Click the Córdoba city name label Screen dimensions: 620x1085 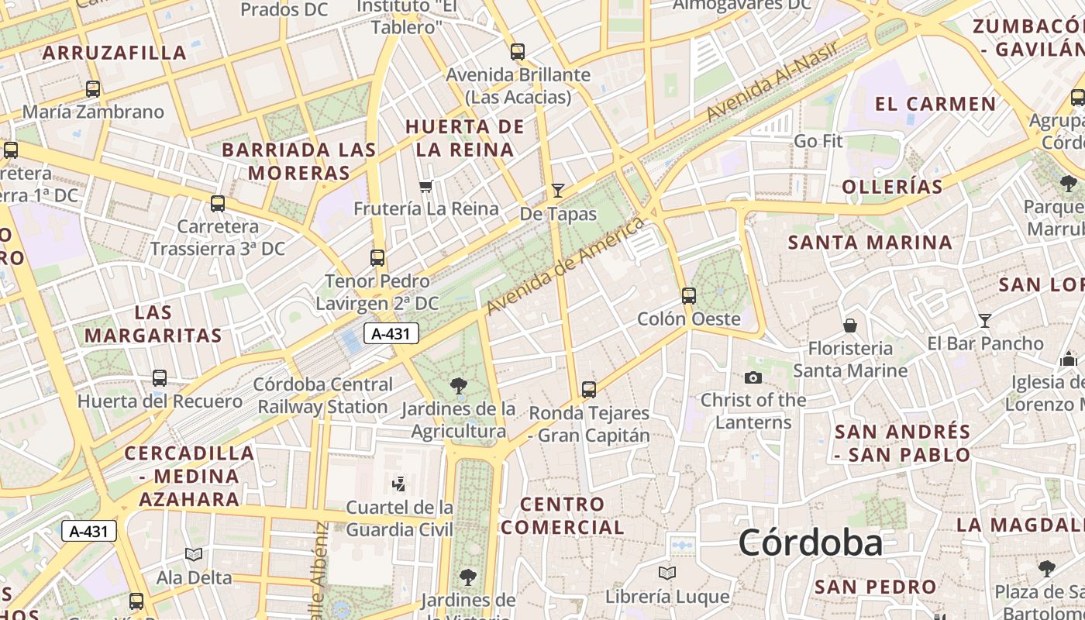coord(810,542)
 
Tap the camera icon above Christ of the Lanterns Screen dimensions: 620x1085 coord(753,378)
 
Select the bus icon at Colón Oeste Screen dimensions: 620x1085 coord(688,295)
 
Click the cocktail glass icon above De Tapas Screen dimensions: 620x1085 coord(557,190)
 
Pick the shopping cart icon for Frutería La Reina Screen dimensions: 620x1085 coord(425,186)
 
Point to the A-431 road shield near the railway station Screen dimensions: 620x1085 coord(391,334)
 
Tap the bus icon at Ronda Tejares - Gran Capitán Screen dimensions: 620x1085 coord(589,390)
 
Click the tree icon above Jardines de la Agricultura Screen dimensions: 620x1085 coord(459,385)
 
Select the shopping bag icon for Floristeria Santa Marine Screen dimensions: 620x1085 coord(850,325)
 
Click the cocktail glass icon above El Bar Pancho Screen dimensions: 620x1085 coord(984,320)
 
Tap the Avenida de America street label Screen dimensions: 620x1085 coord(565,266)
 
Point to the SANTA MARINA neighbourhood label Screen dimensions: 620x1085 coord(870,243)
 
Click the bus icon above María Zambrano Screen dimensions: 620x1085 coord(93,89)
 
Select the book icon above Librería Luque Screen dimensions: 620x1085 coord(666,573)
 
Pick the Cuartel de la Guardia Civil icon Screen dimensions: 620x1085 coord(399,484)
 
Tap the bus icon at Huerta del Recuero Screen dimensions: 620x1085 coord(160,378)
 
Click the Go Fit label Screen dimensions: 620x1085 coord(818,141)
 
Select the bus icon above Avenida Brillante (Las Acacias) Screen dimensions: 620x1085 coord(517,53)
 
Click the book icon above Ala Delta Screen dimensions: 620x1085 coord(194,554)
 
